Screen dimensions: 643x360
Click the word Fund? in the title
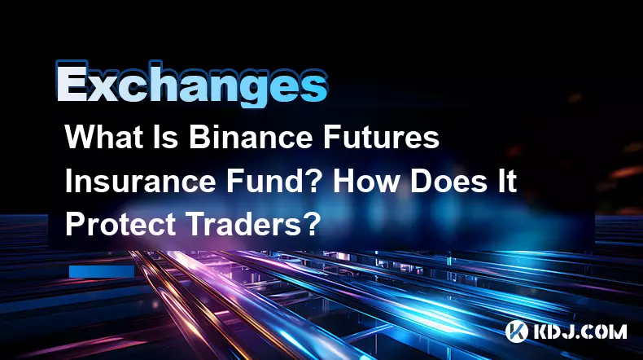(273, 181)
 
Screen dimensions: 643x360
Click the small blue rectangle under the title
(102, 271)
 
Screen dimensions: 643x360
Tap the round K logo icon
(516, 331)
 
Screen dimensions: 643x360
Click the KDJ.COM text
(580, 331)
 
